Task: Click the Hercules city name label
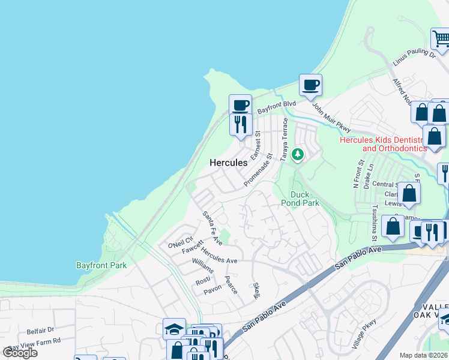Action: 228,163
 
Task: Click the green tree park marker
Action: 297,155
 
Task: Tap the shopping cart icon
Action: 441,39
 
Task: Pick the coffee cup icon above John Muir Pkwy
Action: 310,85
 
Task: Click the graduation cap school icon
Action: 174,329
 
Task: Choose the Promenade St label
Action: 259,169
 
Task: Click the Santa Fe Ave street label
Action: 212,228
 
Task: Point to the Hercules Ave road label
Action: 219,255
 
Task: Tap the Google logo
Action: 20,352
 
